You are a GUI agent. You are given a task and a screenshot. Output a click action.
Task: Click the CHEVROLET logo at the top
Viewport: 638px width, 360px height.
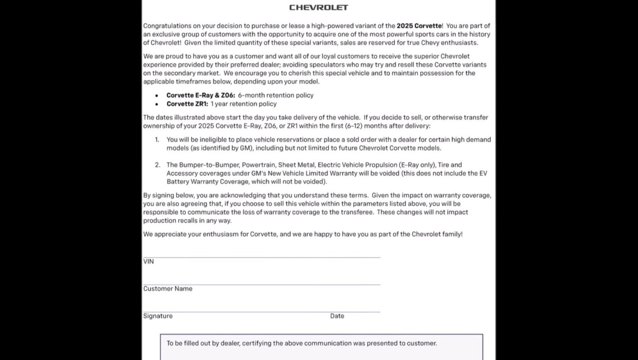(318, 8)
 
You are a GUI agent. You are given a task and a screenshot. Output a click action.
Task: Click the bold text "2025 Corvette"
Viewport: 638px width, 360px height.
(419, 26)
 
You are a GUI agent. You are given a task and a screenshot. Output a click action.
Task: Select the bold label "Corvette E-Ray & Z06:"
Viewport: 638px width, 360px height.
(200, 95)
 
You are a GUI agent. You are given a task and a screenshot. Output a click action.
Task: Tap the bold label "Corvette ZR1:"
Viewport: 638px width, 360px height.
(187, 104)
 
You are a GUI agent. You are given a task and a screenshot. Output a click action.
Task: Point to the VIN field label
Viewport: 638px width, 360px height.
(149, 262)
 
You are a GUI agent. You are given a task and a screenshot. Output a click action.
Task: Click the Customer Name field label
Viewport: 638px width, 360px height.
(167, 289)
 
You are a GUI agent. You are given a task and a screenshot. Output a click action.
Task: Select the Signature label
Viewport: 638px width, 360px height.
(158, 316)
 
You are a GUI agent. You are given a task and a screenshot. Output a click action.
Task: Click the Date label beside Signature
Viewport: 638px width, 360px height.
(337, 316)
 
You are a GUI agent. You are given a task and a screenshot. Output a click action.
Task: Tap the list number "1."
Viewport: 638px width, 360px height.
(157, 140)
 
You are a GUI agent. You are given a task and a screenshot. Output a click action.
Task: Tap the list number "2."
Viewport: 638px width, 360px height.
(157, 165)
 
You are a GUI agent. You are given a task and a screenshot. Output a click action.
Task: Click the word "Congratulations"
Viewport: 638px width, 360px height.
(167, 26)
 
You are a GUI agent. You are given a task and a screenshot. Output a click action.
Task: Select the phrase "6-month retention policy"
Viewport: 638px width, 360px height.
(275, 95)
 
